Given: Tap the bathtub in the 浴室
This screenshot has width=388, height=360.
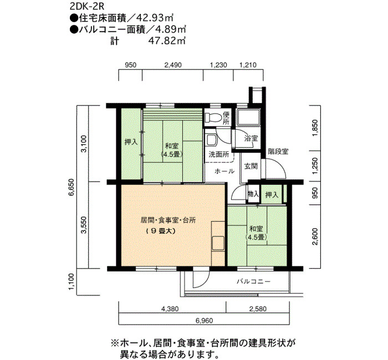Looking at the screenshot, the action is click(x=248, y=117).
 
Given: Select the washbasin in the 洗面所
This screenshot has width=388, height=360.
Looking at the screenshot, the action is click(x=212, y=140).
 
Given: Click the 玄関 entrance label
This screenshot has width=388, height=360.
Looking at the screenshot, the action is click(x=251, y=166).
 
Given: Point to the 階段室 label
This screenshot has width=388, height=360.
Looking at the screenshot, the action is click(x=278, y=151).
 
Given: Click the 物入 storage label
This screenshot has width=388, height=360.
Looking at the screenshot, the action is click(x=253, y=194).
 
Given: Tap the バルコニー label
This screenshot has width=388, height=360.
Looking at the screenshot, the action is click(x=253, y=281).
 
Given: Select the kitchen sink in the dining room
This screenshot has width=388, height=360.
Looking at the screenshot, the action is click(x=218, y=243).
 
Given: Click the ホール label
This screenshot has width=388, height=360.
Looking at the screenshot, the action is click(x=224, y=171).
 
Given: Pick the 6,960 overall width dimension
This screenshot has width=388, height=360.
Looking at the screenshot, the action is click(x=204, y=321).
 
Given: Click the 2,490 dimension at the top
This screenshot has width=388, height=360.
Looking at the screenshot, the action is click(x=173, y=65).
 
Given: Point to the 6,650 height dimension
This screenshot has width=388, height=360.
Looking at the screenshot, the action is click(x=72, y=187).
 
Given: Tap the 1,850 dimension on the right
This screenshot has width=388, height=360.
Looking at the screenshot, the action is click(x=315, y=128).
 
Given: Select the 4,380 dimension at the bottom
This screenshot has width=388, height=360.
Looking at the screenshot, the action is click(x=170, y=309).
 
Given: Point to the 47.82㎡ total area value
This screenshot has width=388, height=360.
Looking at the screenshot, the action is click(x=166, y=40).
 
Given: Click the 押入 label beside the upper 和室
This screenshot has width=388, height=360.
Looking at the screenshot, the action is click(x=131, y=142).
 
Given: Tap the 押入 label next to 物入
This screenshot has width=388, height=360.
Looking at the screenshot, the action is click(x=272, y=195).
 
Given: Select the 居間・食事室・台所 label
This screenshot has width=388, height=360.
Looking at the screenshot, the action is click(x=168, y=220).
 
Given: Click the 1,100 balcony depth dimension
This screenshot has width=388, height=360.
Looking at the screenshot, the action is click(x=72, y=282).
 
